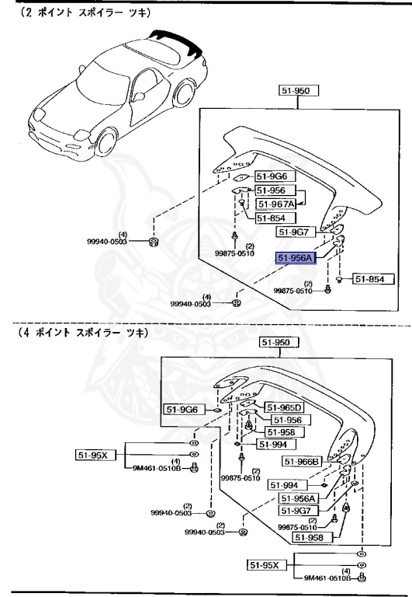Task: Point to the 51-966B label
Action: click(x=301, y=462)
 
